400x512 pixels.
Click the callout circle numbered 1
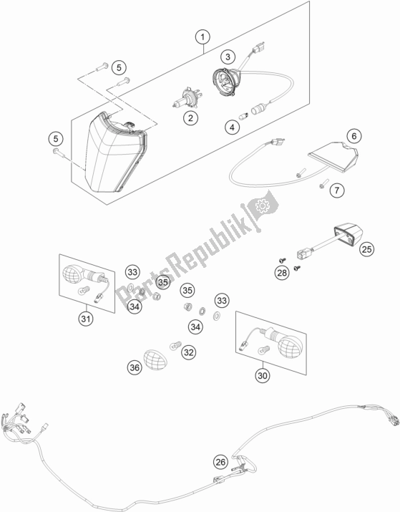pos(203,37)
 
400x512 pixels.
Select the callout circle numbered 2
pos(190,118)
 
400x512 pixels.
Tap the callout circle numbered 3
pos(228,57)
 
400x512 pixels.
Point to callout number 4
pos(232,127)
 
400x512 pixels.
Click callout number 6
pos(354,135)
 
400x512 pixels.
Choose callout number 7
pos(337,190)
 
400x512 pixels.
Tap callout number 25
pos(367,249)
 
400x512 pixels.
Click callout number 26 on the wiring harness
pos(220,462)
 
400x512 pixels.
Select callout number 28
pos(282,272)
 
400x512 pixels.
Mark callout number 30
pos(263,375)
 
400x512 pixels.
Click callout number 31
pos(85,318)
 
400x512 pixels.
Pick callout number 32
pos(189,352)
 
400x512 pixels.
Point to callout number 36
pos(135,367)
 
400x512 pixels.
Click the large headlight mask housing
pos(114,153)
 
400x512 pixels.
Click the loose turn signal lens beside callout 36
pos(155,359)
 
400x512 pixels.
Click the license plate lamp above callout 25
pos(348,233)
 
